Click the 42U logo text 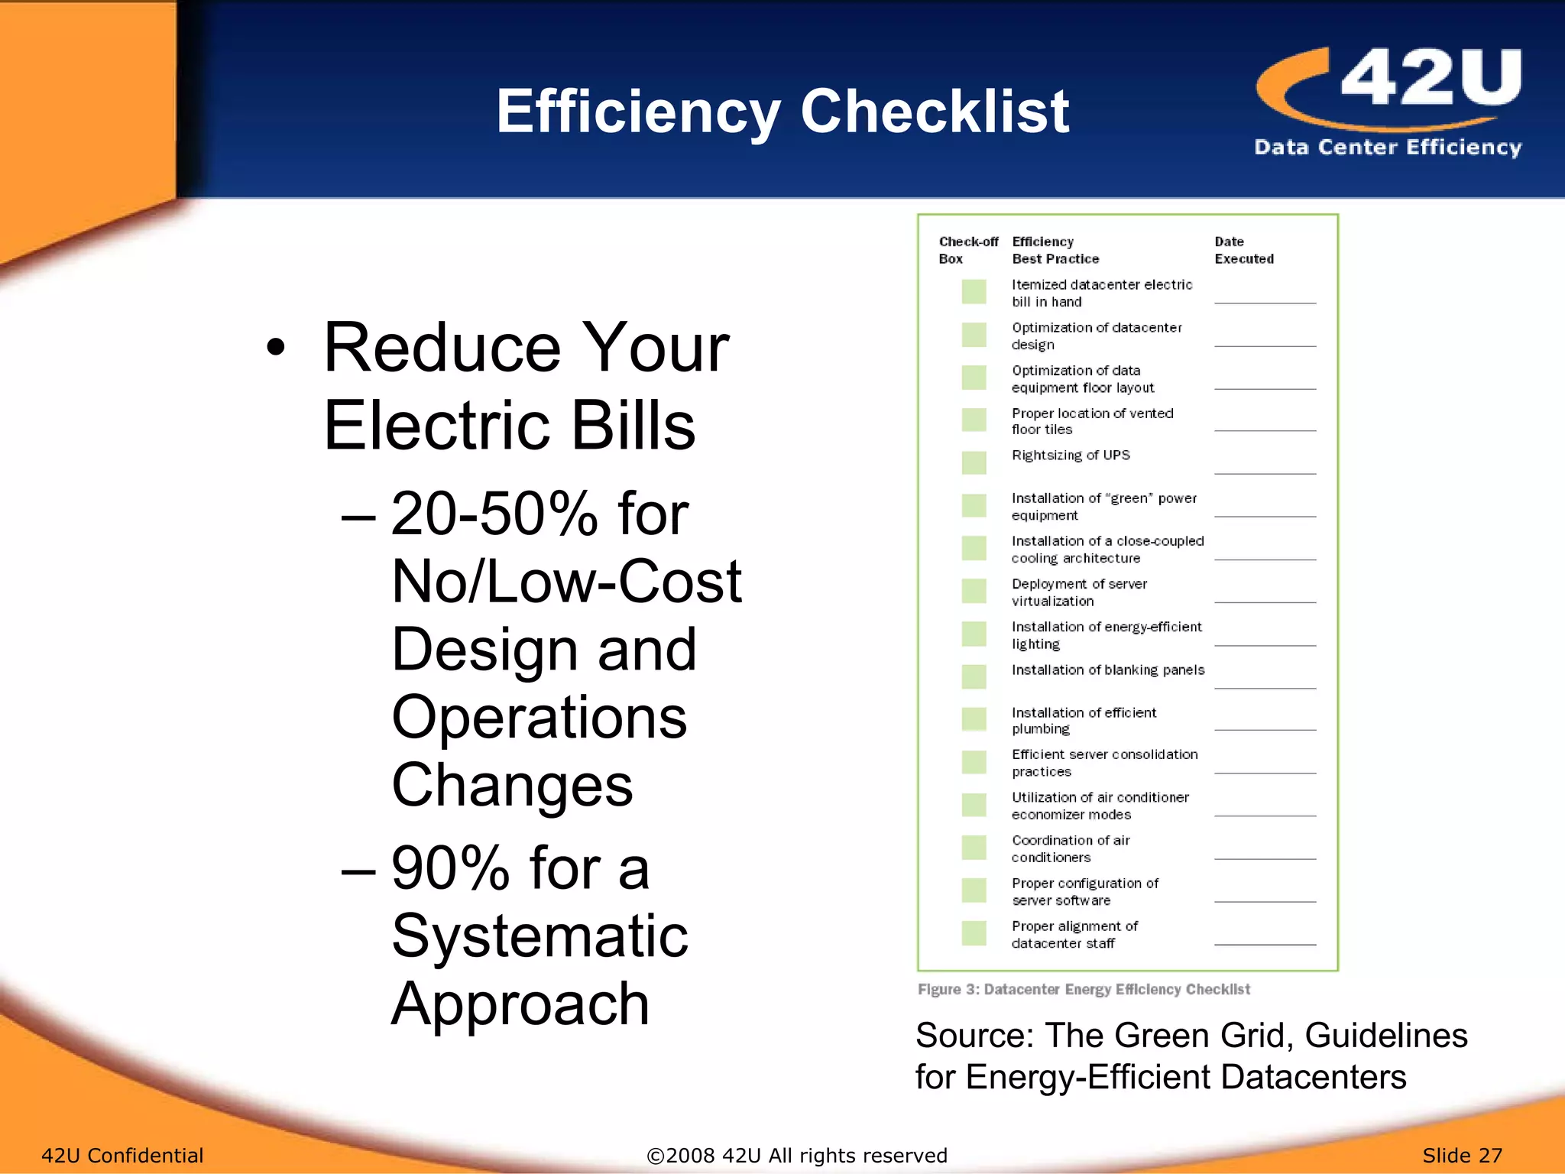[1431, 78]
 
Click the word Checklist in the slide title [934, 112]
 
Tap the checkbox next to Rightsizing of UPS [974, 462]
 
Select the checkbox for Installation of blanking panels [974, 676]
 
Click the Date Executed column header [1243, 250]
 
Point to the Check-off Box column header [967, 250]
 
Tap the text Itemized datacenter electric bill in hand [1101, 293]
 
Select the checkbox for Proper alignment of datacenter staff [974, 933]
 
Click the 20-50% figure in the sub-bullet [494, 514]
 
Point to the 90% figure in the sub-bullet [450, 868]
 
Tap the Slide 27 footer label [1462, 1155]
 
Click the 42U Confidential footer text [122, 1155]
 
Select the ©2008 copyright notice [796, 1155]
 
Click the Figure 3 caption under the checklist [1084, 989]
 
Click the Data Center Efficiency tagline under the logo [1387, 147]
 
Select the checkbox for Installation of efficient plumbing [974, 719]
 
